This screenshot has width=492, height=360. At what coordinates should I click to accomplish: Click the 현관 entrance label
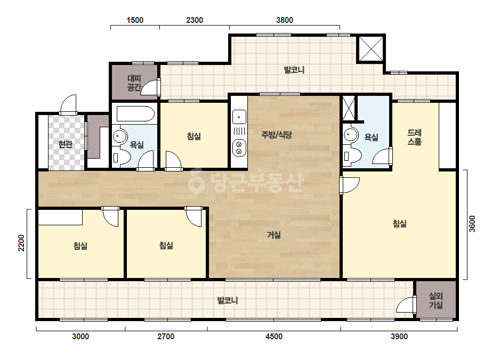coord(65,144)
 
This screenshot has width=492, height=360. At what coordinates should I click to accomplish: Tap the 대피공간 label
coord(134,83)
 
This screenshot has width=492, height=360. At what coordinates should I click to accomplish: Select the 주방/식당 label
coord(277,135)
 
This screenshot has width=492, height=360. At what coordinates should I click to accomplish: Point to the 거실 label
coord(274,234)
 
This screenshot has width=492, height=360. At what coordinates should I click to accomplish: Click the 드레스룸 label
coord(414,137)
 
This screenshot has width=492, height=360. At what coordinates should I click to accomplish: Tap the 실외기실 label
coord(436,301)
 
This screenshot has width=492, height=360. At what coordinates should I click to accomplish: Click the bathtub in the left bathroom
coord(135,114)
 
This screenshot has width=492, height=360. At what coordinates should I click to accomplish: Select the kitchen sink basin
coord(239,117)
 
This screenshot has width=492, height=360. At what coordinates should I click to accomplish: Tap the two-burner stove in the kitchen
coord(239,148)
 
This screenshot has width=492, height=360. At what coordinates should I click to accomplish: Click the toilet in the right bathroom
coord(351,156)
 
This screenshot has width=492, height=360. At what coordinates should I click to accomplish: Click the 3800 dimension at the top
coord(285,20)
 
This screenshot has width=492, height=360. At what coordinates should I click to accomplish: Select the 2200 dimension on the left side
coord(21,243)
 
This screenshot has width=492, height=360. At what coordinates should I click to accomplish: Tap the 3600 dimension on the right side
coord(472,224)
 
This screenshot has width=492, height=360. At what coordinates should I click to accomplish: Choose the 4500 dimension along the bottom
coord(274,337)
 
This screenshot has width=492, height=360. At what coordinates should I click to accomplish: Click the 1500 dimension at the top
coord(135,20)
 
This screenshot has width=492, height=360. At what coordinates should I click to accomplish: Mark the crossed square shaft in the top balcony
coord(371,48)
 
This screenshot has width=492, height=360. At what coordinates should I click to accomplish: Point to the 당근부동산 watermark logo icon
coord(196,181)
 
